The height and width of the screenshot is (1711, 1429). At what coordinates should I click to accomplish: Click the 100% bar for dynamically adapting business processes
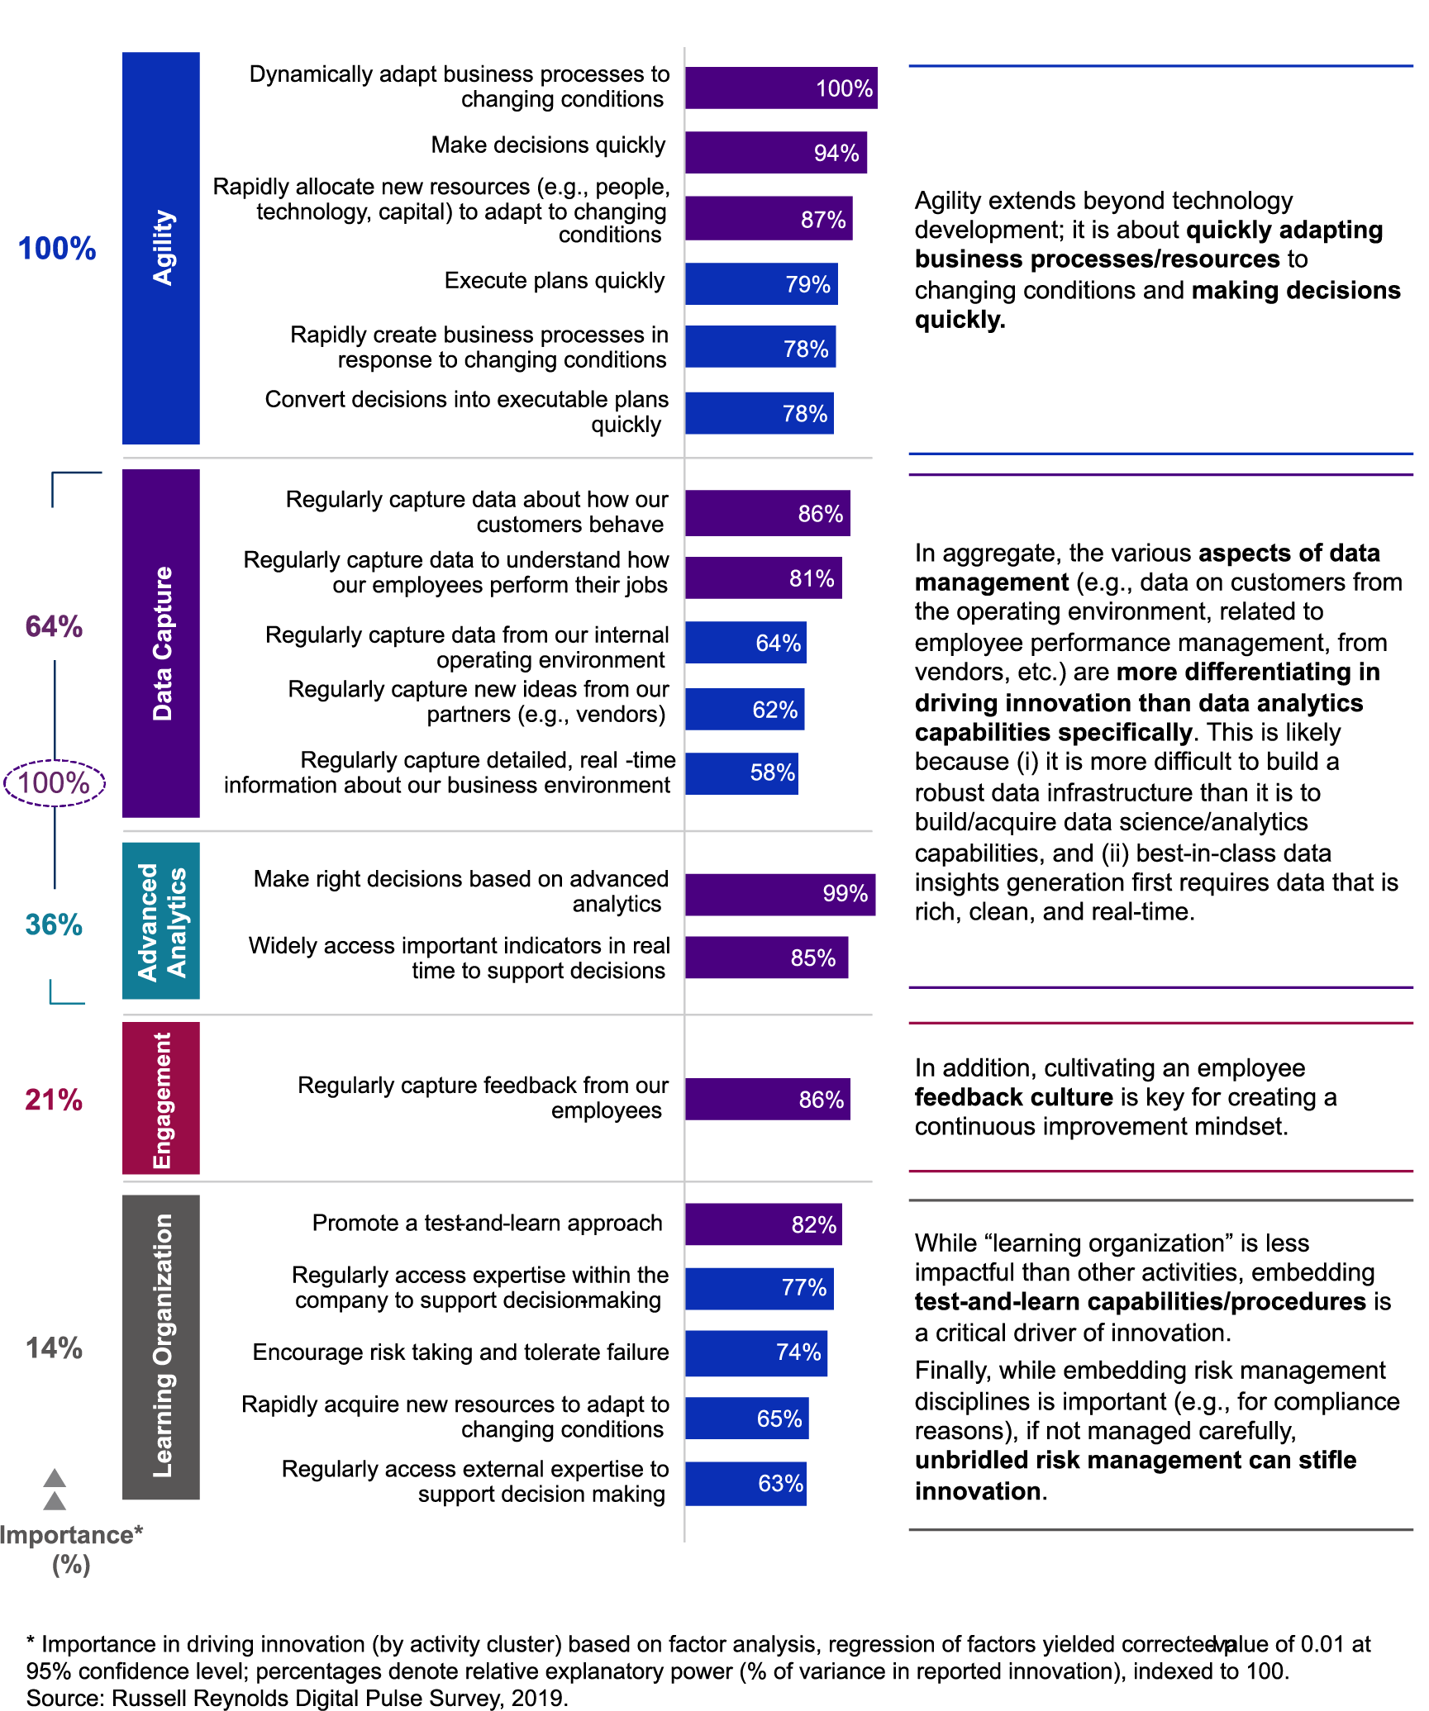click(x=780, y=88)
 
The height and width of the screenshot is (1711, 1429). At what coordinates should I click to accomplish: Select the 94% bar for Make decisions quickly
click(x=775, y=152)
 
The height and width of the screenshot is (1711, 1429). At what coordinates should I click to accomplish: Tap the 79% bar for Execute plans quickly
click(x=760, y=283)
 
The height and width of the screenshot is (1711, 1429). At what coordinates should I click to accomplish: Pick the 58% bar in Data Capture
click(x=741, y=773)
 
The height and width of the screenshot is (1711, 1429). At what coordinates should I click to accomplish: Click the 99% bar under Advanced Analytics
click(x=779, y=894)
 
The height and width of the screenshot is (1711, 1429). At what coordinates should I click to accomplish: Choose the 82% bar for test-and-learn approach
click(x=763, y=1224)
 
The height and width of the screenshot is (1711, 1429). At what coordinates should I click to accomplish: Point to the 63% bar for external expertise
click(x=745, y=1483)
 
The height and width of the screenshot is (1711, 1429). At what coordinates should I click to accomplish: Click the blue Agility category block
click(x=161, y=248)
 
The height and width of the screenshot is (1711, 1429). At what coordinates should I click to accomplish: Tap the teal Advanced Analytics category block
click(x=161, y=920)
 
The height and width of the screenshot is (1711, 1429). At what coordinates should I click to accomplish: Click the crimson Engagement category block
click(x=161, y=1098)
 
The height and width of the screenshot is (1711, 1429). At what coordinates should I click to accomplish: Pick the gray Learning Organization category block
click(x=161, y=1347)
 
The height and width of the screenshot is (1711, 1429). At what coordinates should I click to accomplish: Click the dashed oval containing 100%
click(x=55, y=782)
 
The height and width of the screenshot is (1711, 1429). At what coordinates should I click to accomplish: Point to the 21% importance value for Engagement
click(x=54, y=1100)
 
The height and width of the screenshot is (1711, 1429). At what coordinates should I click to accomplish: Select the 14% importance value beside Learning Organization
click(x=54, y=1348)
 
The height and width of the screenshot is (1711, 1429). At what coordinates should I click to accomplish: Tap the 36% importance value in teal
click(x=54, y=924)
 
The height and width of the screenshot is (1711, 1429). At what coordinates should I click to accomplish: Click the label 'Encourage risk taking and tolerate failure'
click(x=460, y=1352)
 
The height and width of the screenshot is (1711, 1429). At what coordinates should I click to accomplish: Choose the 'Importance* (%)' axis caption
click(x=71, y=1550)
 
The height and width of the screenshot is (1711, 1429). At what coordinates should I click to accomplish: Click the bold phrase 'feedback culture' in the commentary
click(x=1013, y=1097)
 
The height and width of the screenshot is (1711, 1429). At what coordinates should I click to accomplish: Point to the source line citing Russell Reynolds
click(x=298, y=1698)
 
